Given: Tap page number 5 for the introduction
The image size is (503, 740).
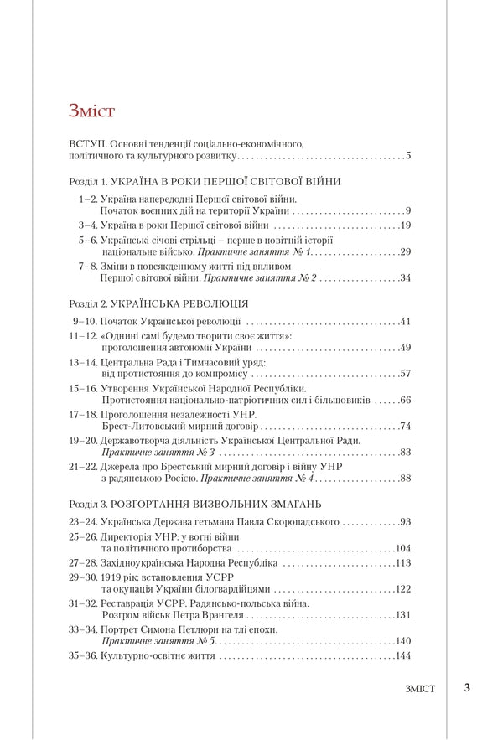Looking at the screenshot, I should click(x=407, y=156).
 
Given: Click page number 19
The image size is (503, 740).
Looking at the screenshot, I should click(x=404, y=225).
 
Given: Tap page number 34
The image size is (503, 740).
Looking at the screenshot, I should click(x=404, y=277).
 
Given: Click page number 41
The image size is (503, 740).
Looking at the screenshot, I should click(x=404, y=321).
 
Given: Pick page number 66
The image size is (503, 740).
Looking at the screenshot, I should click(x=404, y=401).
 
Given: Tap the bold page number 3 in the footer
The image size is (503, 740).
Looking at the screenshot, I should click(x=466, y=688).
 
